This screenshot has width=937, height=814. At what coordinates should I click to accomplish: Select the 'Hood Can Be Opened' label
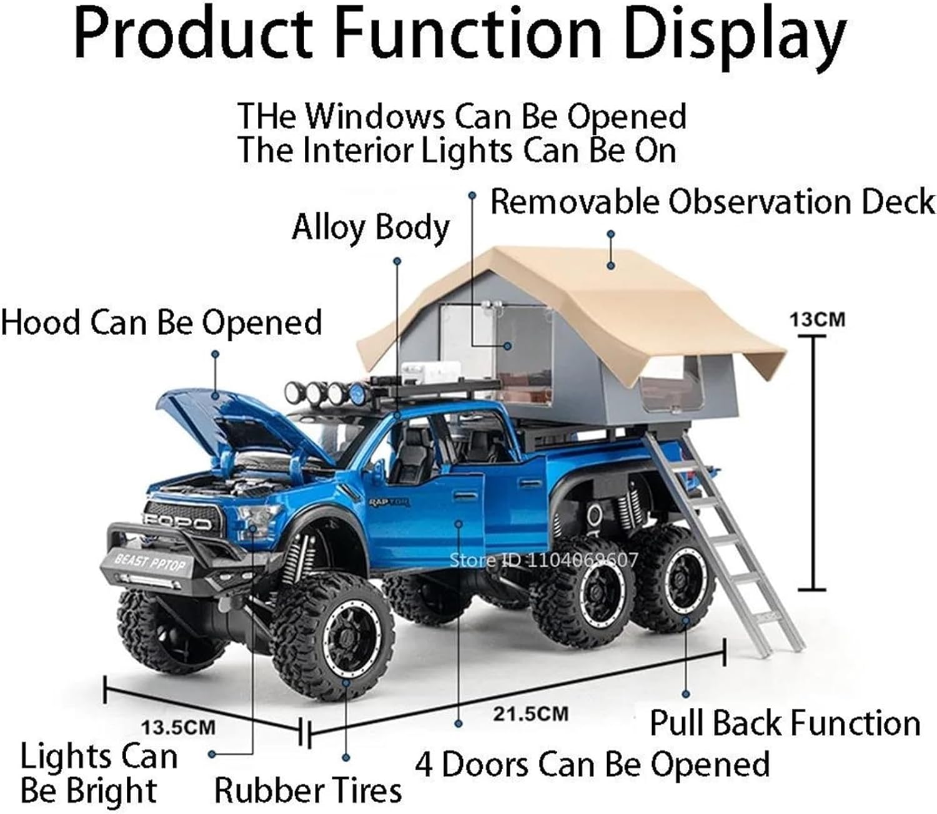[161, 323]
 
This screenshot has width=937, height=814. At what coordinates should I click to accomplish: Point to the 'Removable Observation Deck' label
[712, 202]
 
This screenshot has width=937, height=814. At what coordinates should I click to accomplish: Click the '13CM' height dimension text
[816, 320]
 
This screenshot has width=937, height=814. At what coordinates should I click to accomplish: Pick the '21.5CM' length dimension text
[530, 713]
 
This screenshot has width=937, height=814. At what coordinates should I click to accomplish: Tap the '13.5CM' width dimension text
[177, 727]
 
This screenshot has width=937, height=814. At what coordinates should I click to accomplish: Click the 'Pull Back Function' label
[785, 723]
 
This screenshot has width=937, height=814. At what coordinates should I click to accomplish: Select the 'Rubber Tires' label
[307, 790]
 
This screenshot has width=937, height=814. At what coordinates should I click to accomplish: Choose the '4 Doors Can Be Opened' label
[592, 764]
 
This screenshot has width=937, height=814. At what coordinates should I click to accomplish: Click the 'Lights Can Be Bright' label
[98, 773]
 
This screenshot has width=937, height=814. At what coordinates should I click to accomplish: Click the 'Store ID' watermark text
[543, 559]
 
